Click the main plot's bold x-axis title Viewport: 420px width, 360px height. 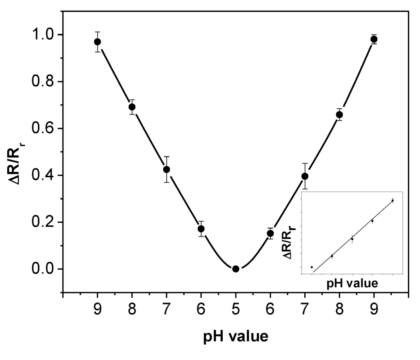pos(236,337)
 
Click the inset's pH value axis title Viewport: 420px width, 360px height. pos(352,283)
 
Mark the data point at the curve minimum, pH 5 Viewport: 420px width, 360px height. pos(236,269)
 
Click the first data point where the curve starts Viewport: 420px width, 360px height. pos(97,42)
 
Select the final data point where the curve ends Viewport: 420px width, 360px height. pos(374,39)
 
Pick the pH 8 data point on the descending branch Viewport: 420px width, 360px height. pos(132,107)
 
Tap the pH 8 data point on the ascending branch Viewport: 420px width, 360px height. pos(339,115)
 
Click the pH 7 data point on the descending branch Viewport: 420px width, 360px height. pos(167,170)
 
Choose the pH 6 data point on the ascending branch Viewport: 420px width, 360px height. pos(270,234)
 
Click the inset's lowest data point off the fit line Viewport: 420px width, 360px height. pos(312,267)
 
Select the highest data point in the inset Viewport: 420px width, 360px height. pos(393,201)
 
